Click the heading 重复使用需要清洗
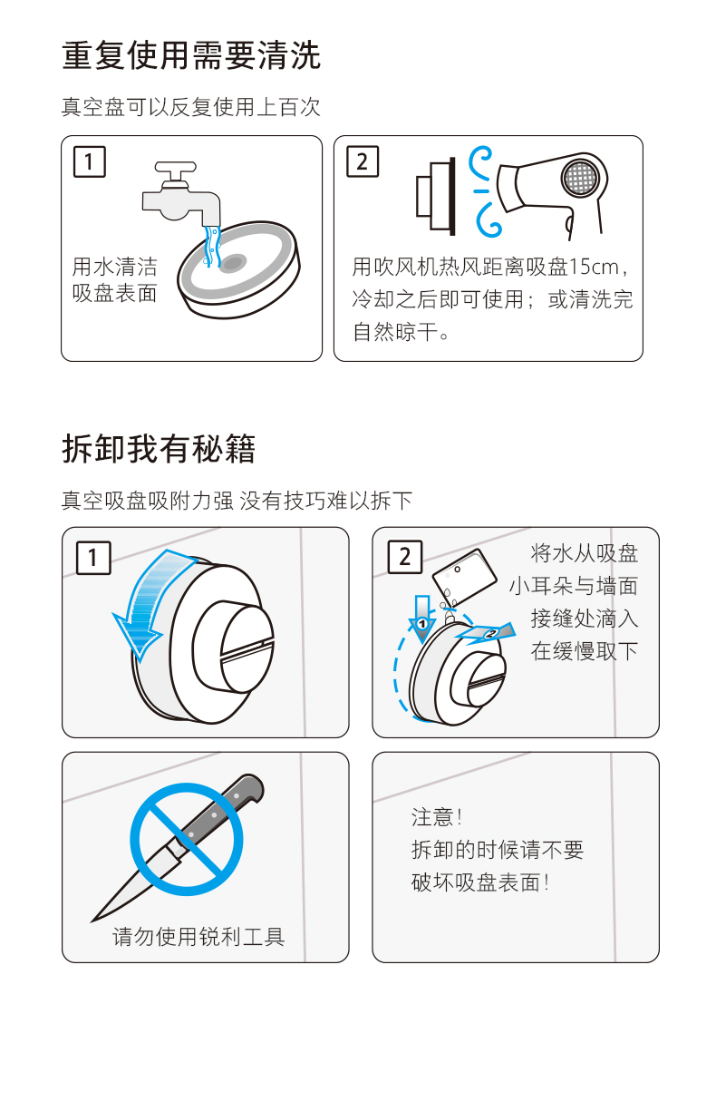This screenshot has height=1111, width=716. point(191,55)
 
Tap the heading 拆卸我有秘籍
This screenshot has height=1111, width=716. point(159,448)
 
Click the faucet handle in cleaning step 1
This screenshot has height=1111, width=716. point(176,170)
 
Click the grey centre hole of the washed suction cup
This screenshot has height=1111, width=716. point(233,263)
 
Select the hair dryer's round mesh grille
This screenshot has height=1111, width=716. point(581,177)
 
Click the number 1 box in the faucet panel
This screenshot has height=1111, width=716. point(90,161)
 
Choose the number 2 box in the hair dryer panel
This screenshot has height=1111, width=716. point(363,161)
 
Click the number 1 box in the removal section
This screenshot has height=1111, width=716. point(93,558)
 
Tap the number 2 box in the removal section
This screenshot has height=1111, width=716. point(405,557)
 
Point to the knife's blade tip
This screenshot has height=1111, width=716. point(92,921)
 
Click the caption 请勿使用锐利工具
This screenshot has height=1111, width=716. point(198,937)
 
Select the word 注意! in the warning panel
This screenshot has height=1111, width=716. point(437,817)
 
